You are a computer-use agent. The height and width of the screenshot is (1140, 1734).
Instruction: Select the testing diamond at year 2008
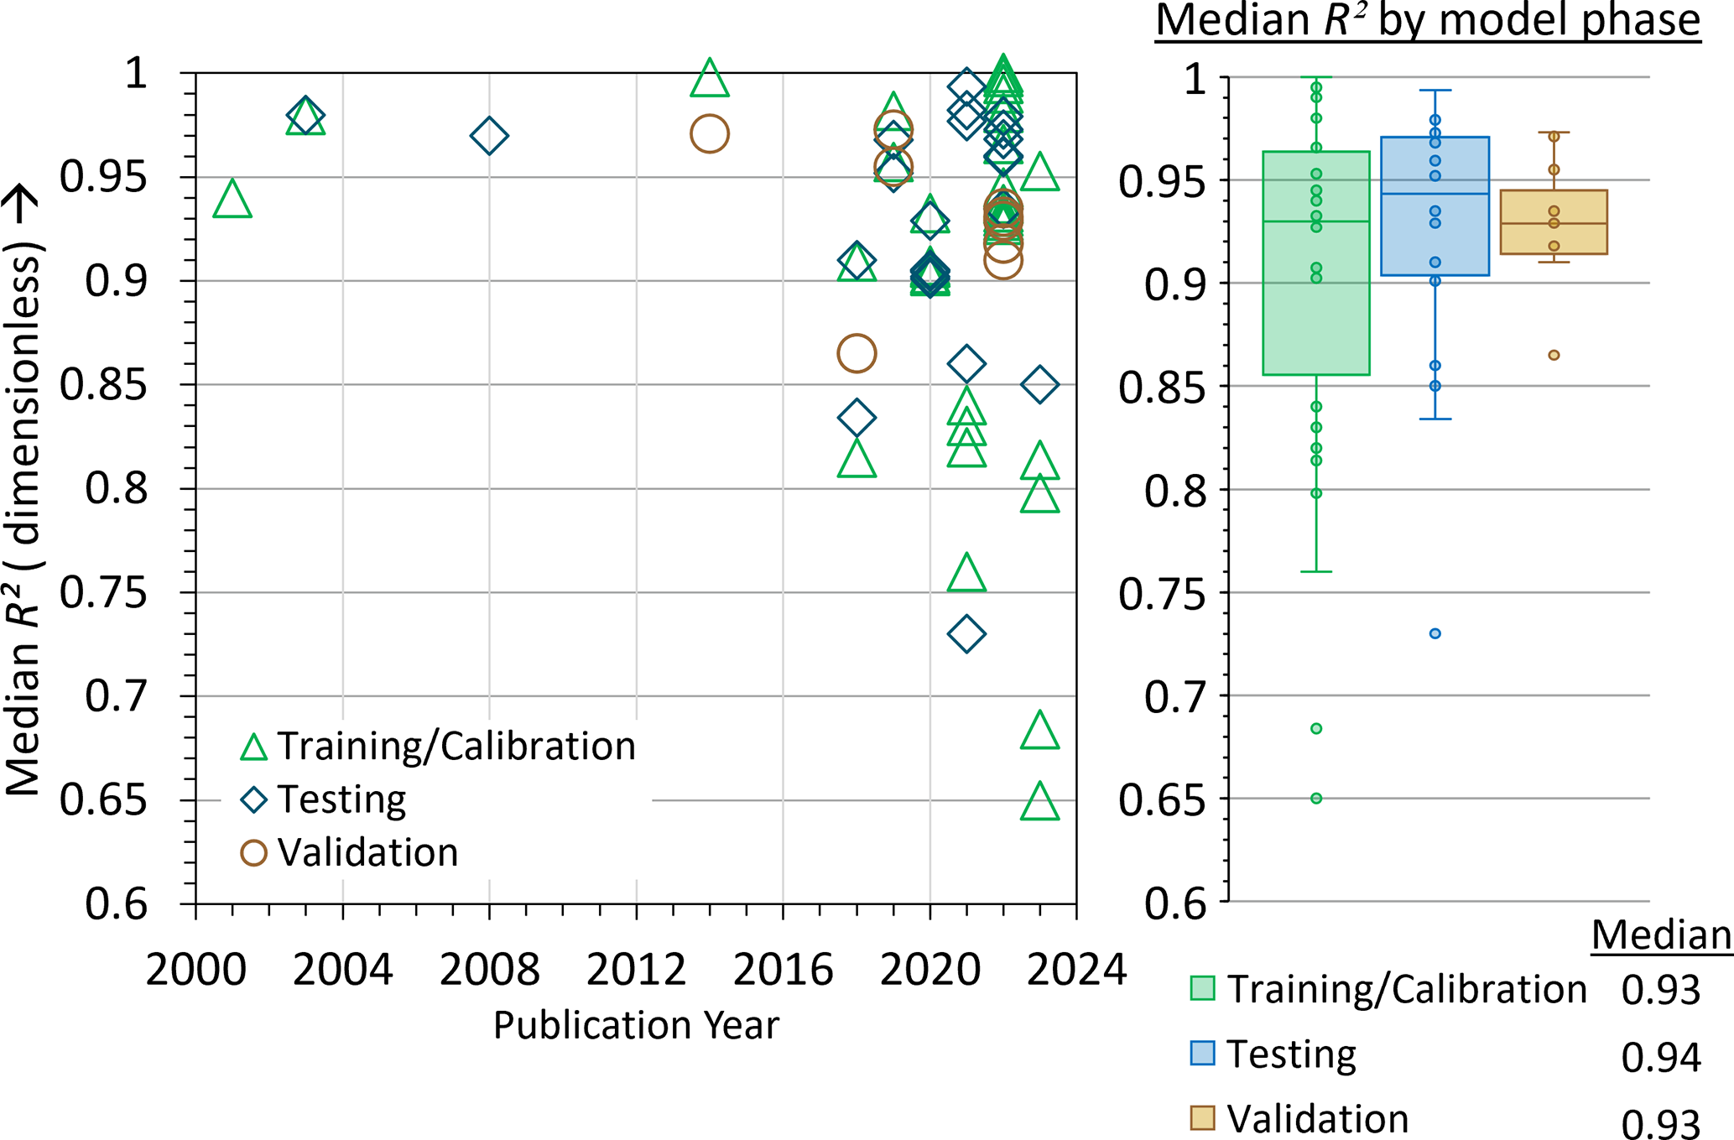click(x=489, y=136)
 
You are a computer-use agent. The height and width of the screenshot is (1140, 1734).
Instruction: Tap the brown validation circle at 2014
click(x=710, y=134)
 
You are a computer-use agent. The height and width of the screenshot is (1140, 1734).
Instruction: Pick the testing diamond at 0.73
click(x=966, y=634)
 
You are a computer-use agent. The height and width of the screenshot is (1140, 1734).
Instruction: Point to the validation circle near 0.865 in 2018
click(x=857, y=353)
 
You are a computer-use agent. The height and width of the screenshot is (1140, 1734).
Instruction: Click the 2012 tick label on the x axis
click(x=636, y=971)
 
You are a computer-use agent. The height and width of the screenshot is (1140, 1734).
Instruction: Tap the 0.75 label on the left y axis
click(x=104, y=593)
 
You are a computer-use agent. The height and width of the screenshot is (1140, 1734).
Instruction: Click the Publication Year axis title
click(x=636, y=1025)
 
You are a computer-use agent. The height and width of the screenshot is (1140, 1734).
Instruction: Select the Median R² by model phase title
click(x=1428, y=20)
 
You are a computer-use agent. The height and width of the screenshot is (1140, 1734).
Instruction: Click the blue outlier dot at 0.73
click(x=1435, y=634)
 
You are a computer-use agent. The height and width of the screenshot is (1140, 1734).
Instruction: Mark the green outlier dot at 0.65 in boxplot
click(x=1316, y=799)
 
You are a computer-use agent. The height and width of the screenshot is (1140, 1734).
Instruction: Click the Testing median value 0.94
click(x=1660, y=1058)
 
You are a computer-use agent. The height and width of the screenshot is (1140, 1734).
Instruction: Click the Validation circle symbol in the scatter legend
click(x=253, y=853)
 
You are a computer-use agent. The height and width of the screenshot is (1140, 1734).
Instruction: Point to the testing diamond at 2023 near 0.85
click(x=1040, y=385)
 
